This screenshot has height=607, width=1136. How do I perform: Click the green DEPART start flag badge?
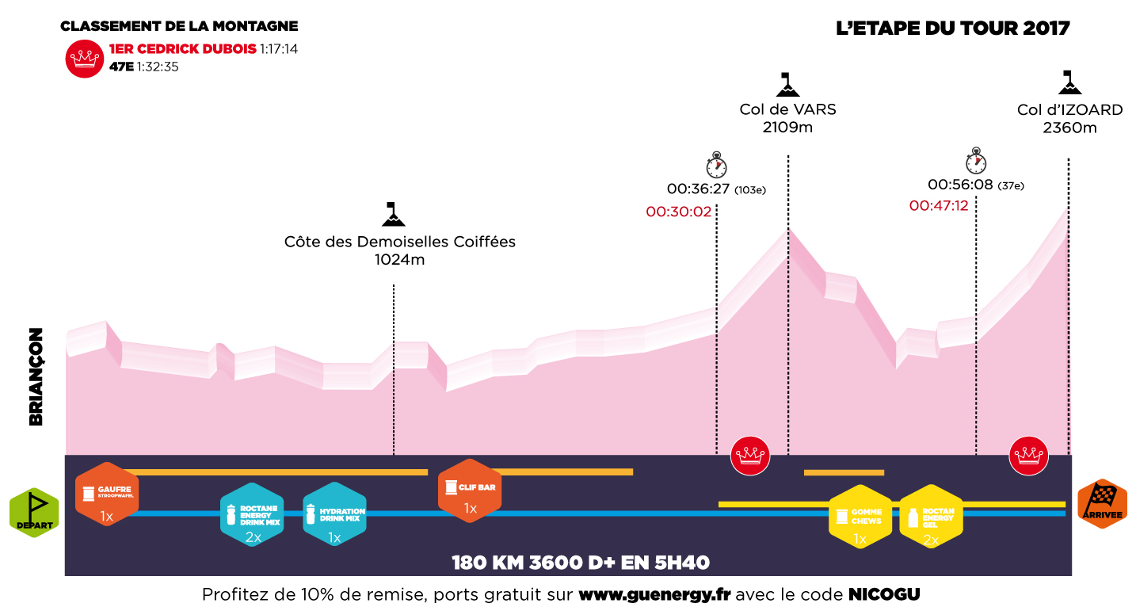click(34, 513)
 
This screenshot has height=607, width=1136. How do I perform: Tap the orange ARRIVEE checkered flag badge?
click(1102, 504)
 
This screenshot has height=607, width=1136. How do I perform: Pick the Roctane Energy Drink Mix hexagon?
click(252, 513)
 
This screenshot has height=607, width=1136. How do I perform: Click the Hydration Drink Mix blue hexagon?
click(335, 513)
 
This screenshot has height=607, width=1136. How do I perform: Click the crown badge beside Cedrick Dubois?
click(85, 58)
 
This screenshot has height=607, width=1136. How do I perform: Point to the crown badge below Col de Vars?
click(749, 456)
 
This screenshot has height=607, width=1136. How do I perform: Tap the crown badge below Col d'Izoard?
click(1028, 456)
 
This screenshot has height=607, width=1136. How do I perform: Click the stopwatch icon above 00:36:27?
click(716, 166)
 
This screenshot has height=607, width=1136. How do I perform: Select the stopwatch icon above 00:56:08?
click(976, 161)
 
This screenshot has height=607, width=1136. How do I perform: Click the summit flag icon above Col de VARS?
click(787, 84)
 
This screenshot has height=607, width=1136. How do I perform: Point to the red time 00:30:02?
click(678, 212)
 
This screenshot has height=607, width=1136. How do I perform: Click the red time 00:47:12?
click(939, 205)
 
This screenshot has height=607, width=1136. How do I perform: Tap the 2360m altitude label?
click(1069, 128)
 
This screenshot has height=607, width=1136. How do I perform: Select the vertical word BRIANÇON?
click(36, 377)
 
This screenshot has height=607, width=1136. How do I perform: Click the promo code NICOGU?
click(884, 594)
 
